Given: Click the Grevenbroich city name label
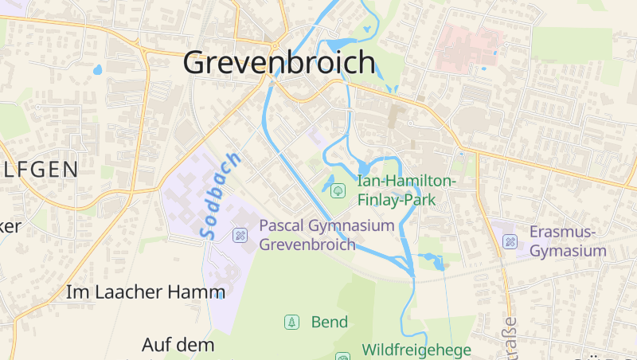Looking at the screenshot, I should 279,62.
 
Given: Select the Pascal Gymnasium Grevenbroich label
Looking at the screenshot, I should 326,235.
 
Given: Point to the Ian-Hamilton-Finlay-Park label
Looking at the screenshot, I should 406,190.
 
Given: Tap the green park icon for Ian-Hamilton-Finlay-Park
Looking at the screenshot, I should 337,190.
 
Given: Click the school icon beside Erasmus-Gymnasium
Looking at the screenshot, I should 510,241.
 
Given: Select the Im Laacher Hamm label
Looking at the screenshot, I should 146,292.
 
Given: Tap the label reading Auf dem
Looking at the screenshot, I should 178,345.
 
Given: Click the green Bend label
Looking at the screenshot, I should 330,322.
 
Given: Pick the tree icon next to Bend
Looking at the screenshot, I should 292,322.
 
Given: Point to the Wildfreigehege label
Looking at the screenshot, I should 416,350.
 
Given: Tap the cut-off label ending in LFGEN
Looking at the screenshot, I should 39,169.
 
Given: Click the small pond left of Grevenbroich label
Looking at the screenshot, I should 98,69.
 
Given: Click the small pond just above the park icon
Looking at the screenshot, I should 330,178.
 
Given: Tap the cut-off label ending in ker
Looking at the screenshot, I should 10,226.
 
